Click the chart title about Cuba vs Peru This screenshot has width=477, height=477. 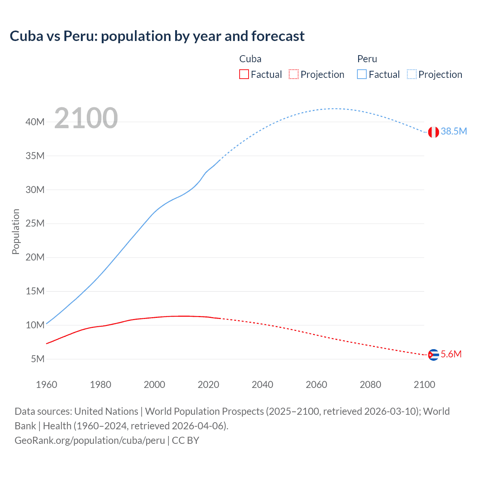[157, 36]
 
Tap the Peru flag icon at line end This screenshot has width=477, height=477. [433, 132]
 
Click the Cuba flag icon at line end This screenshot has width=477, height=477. [433, 355]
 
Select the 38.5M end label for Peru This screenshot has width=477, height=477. [454, 131]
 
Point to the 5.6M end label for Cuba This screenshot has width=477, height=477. [451, 354]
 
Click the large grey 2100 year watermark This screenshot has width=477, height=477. [86, 118]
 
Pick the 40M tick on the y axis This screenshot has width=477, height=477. [35, 122]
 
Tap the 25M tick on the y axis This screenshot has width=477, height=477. [35, 224]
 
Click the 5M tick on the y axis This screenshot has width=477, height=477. [38, 359]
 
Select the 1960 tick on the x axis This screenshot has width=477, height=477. [47, 385]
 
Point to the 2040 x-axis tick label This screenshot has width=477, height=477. [262, 385]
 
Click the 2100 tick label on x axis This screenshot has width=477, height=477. [424, 385]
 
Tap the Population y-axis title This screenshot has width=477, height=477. [16, 231]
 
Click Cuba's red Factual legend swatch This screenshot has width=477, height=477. [244, 74]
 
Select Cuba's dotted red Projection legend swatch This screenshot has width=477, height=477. [294, 74]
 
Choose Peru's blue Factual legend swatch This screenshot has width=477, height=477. [361, 74]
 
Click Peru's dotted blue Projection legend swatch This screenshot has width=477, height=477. [411, 74]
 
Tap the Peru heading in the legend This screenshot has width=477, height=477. [367, 59]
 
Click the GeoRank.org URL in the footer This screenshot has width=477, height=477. [89, 440]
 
